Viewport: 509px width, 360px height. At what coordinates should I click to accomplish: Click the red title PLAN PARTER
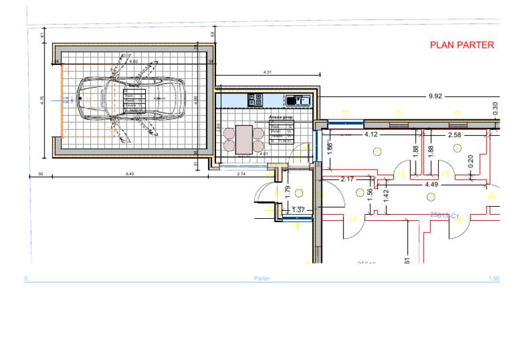coord(462,45)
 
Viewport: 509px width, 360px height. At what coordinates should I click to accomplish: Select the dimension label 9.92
coord(435,96)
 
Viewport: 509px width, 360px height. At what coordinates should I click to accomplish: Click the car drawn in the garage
coord(131,98)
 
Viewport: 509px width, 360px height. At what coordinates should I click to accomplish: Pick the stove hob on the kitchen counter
coord(254,100)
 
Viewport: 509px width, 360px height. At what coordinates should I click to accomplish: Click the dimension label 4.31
coord(267,72)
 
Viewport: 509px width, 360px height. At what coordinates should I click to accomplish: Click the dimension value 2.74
coord(241,174)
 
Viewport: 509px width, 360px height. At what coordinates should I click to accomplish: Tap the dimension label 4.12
coord(370,135)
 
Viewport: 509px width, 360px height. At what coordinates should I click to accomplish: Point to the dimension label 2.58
coord(454,135)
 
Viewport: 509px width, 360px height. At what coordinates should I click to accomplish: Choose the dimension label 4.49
coord(431,184)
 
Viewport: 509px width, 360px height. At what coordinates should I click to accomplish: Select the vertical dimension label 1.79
coord(287,191)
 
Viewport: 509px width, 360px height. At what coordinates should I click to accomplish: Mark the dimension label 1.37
coord(298,210)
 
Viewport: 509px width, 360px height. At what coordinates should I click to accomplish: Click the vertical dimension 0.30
coord(496,108)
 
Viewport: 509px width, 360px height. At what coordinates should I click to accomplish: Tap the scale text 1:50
coord(493,279)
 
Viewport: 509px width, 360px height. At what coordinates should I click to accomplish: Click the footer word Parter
coord(262,279)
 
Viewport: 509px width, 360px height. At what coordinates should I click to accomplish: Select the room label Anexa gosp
coord(281,117)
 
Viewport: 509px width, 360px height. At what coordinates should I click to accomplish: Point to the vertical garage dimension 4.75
coord(42,99)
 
